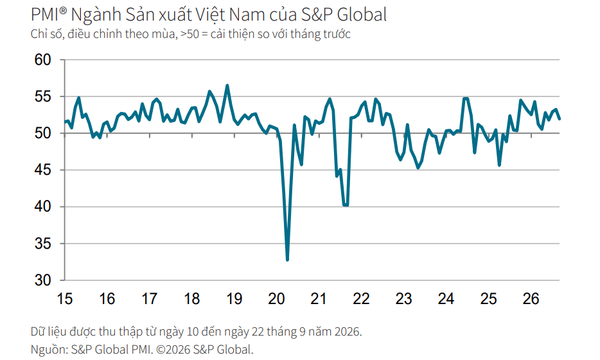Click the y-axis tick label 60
click(42, 60)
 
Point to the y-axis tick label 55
click(42, 96)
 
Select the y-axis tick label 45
click(42, 170)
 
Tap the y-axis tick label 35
click(42, 244)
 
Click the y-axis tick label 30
click(42, 280)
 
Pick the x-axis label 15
click(65, 299)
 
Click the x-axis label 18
click(191, 299)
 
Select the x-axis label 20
click(276, 299)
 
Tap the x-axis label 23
click(403, 299)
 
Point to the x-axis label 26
click(531, 299)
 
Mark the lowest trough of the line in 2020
click(287, 260)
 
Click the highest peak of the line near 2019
click(227, 85)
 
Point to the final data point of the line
click(560, 119)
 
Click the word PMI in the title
click(45, 15)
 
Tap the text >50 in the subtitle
click(190, 34)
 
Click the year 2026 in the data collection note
click(347, 331)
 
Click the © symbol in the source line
click(160, 349)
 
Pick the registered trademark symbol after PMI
click(64, 11)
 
